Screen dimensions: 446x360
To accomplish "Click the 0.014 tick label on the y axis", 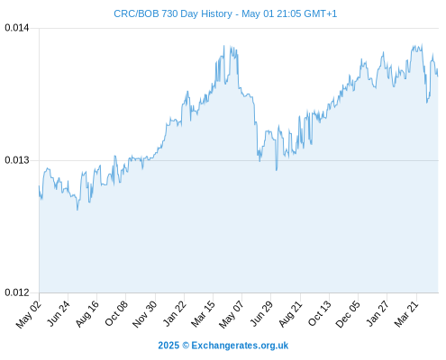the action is coord(17,28).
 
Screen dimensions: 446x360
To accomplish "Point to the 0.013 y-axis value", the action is coord(17,160).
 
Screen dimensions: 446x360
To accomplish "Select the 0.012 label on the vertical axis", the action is coord(17,292).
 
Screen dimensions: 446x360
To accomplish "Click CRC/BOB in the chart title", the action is coord(136,13).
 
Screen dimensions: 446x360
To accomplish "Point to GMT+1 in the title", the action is coord(321,13).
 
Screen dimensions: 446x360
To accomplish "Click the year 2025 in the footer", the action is coord(168,346).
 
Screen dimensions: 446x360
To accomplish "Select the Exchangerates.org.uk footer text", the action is coord(240,346).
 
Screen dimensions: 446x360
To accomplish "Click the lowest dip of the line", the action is coord(77,210).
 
